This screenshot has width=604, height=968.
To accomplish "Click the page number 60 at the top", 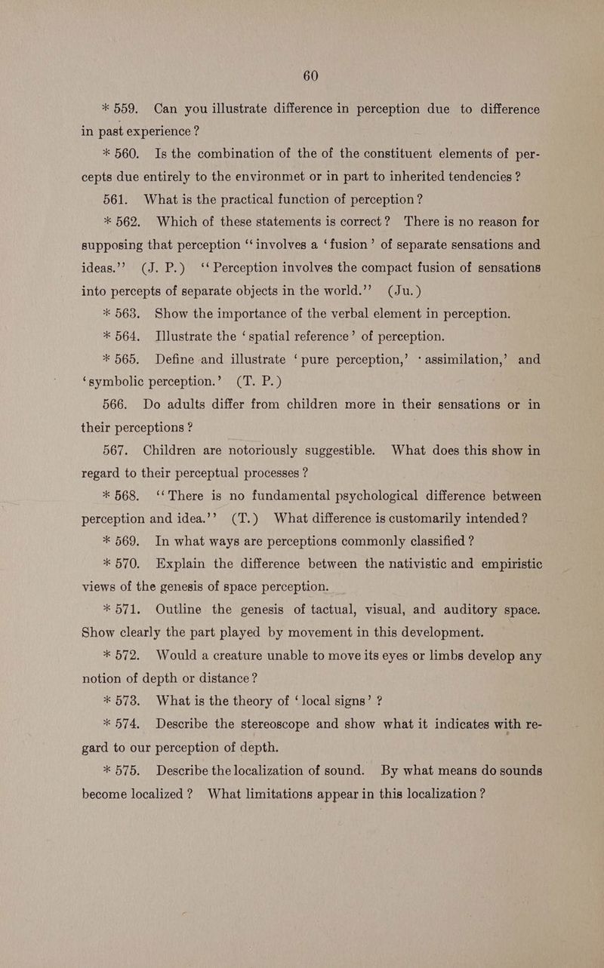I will tap(310, 75).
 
